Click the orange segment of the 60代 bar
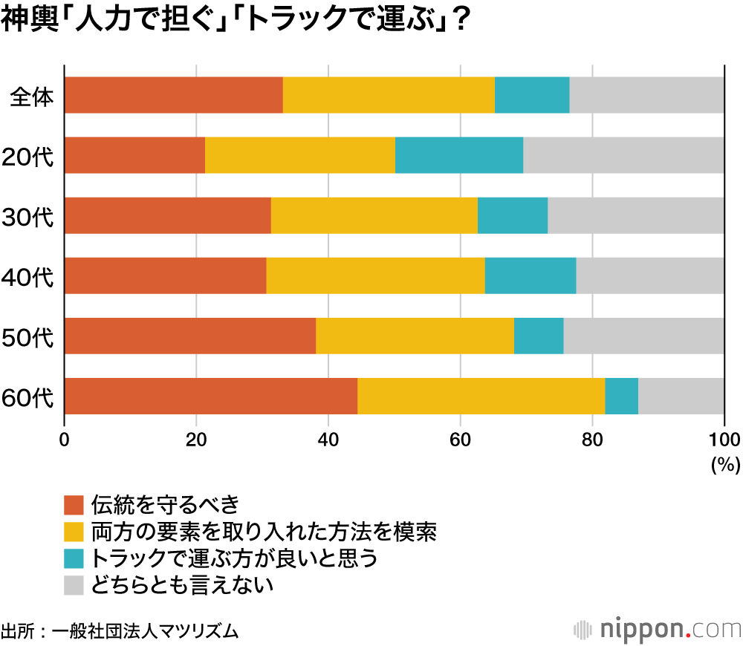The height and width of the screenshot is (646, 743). [211, 396]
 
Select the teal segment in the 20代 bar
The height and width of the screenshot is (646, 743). [458, 155]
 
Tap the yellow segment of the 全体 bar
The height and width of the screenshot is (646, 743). [389, 95]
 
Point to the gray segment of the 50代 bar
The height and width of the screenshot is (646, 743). [643, 336]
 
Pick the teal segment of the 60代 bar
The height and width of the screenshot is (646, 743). [621, 396]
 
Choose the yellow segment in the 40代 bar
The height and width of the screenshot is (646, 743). [375, 275]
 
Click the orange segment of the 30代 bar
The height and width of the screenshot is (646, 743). [168, 215]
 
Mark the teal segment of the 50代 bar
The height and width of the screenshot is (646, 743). [538, 336]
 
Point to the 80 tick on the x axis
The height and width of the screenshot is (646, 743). [592, 438]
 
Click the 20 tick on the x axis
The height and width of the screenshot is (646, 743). [196, 438]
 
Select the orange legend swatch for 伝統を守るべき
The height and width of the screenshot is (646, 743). [75, 505]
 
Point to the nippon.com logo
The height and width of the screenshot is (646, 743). [658, 628]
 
